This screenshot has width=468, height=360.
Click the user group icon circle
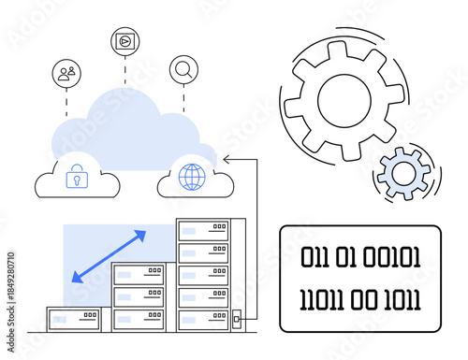point(66,72)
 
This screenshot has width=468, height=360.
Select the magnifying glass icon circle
point(183,69)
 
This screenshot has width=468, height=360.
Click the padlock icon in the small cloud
point(75,177)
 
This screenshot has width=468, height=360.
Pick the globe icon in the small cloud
point(191,177)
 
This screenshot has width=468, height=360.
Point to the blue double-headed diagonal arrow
point(109,254)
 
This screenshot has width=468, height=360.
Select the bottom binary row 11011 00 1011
point(360,299)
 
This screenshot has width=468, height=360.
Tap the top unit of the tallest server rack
point(203,230)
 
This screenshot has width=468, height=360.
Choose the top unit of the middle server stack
point(139,275)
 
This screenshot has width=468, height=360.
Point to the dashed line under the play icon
point(124,68)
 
